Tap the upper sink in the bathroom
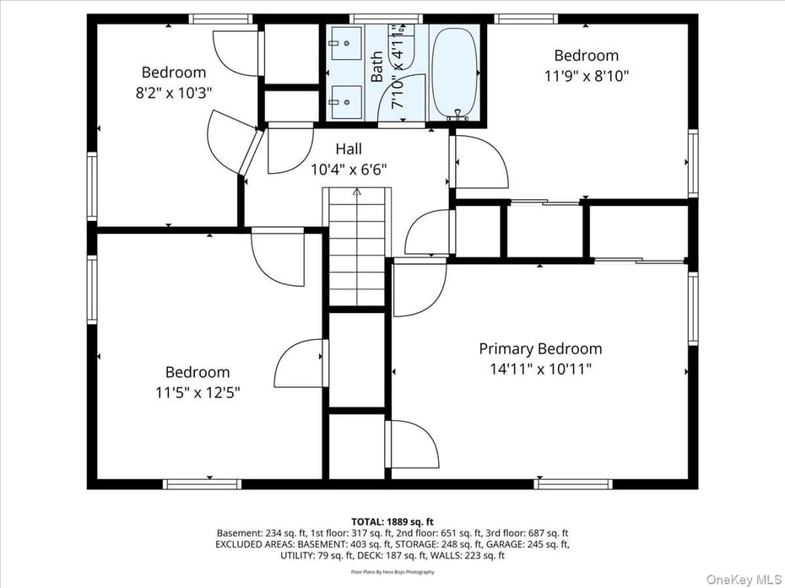point(345,40)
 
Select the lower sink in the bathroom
point(345,102)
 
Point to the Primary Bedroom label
point(540,348)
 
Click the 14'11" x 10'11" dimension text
point(540,369)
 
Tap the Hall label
point(348,149)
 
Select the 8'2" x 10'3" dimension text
point(173,93)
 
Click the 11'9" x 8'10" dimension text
point(586,76)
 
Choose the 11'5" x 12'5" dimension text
point(197,392)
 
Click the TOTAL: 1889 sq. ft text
point(392,521)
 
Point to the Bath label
point(377,67)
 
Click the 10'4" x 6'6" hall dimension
point(349,170)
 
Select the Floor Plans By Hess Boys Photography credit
point(392,572)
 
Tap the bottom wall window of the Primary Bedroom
point(572,484)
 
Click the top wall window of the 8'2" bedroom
point(220,19)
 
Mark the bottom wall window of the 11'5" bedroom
point(202,484)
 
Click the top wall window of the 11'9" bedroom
point(525,19)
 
